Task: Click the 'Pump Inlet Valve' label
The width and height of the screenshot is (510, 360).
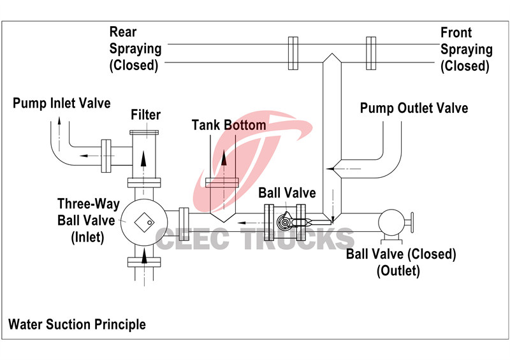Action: pyautogui.click(x=62, y=103)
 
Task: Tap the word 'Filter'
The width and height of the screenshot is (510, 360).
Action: pyautogui.click(x=145, y=115)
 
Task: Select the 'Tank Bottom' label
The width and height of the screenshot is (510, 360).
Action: pyautogui.click(x=229, y=125)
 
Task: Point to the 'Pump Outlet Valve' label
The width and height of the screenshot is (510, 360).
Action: pyautogui.click(x=414, y=108)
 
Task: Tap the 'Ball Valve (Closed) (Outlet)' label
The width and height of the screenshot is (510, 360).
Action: pyautogui.click(x=401, y=262)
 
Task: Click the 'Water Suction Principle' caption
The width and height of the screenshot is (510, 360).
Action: pyautogui.click(x=76, y=324)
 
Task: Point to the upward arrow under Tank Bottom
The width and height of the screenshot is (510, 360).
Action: pyautogui.click(x=225, y=157)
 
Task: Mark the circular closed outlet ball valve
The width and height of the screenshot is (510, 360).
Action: pyautogui.click(x=391, y=223)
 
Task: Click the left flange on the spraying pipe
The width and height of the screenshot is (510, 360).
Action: pyautogui.click(x=293, y=53)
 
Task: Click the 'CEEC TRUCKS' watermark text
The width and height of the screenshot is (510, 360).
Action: pyautogui.click(x=255, y=239)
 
